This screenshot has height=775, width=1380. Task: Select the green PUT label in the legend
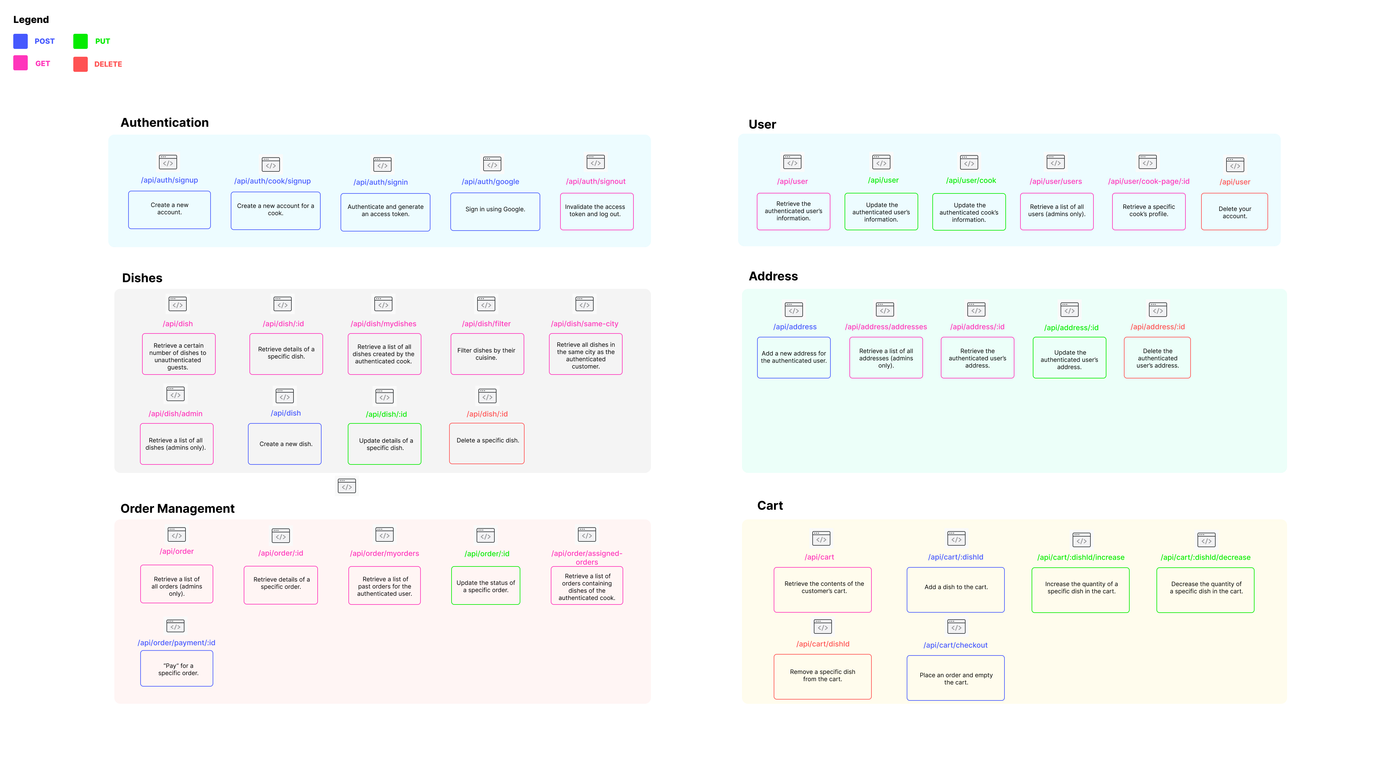coord(102,41)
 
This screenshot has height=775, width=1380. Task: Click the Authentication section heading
coord(164,123)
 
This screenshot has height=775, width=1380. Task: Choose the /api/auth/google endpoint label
coord(490,182)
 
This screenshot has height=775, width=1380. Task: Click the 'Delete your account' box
coord(1234,212)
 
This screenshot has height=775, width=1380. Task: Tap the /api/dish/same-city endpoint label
coord(585,324)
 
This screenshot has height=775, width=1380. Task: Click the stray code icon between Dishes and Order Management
coord(347,486)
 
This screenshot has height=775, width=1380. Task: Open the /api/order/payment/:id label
coord(176,643)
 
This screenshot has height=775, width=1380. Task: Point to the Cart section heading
coord(770,506)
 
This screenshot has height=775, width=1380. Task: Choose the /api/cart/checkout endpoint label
coord(955,645)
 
